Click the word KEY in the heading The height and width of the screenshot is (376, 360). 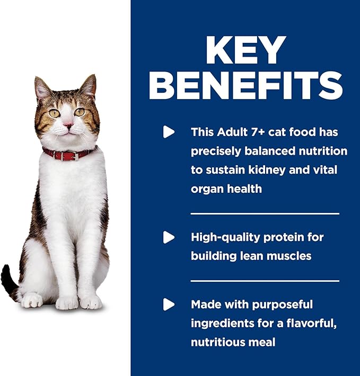(x=245, y=51)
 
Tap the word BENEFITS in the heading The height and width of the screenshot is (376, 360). (x=245, y=85)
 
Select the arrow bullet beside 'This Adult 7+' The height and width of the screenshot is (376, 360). (x=169, y=132)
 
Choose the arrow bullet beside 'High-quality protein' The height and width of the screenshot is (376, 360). (x=169, y=237)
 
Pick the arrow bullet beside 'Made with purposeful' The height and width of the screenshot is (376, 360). (x=169, y=304)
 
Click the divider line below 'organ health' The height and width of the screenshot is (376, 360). (x=264, y=213)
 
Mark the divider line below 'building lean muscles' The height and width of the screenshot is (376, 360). (x=264, y=281)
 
